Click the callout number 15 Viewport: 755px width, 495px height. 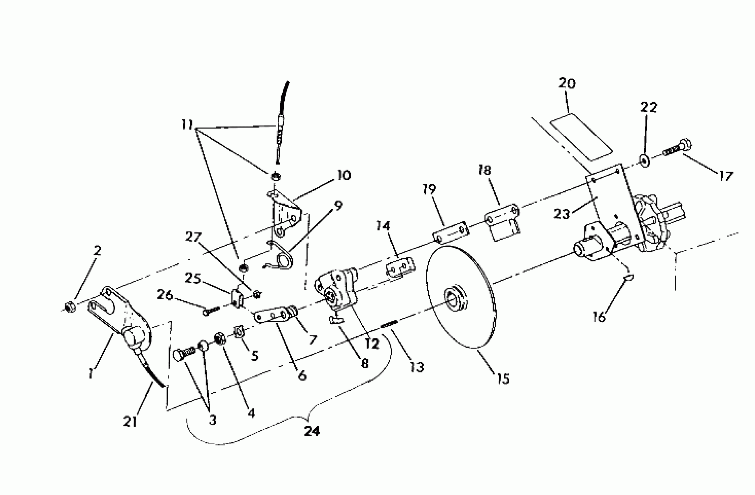coord(504,379)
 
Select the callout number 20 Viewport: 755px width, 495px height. coord(567,84)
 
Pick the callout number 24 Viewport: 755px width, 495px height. coord(312,431)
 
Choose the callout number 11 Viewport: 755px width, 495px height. coord(187,125)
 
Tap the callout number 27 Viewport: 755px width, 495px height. coord(194,237)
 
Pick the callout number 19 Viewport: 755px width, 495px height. coord(429,190)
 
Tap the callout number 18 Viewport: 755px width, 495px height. coord(484,170)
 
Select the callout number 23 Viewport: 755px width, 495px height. coord(561,214)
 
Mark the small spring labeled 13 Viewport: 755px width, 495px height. coord(389,324)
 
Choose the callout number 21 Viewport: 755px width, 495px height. coord(130,422)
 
